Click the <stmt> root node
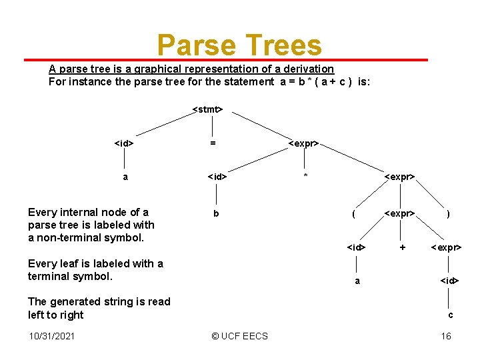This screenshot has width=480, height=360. [207, 109]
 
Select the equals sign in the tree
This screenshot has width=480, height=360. [213, 143]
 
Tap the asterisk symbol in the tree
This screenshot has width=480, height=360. [305, 177]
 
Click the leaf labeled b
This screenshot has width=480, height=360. [215, 214]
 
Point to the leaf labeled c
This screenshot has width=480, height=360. [451, 315]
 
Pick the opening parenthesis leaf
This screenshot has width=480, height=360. [353, 214]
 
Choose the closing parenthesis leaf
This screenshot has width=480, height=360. [448, 214]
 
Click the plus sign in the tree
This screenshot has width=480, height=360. [402, 247]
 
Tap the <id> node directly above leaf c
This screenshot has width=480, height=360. [449, 281]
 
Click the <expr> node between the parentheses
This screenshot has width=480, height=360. [400, 214]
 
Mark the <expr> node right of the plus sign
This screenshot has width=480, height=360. [446, 247]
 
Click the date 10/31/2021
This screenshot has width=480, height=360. [52, 336]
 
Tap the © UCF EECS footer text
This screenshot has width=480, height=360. [239, 336]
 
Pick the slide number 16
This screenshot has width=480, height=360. [446, 336]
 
